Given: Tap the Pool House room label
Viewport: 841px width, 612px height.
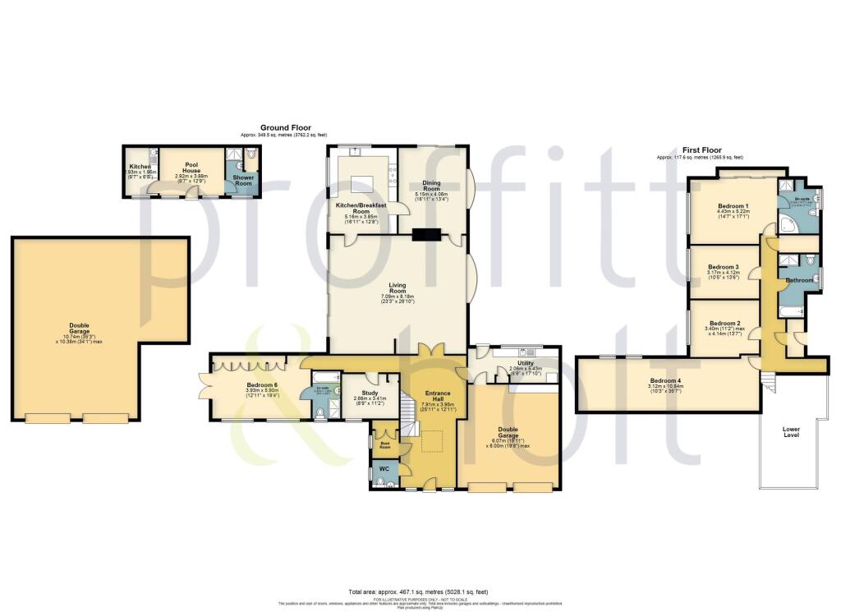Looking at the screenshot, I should [x=191, y=164].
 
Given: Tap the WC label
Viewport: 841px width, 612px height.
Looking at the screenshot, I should [x=382, y=472].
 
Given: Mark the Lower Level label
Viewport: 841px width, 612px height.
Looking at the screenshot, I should [x=790, y=432].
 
